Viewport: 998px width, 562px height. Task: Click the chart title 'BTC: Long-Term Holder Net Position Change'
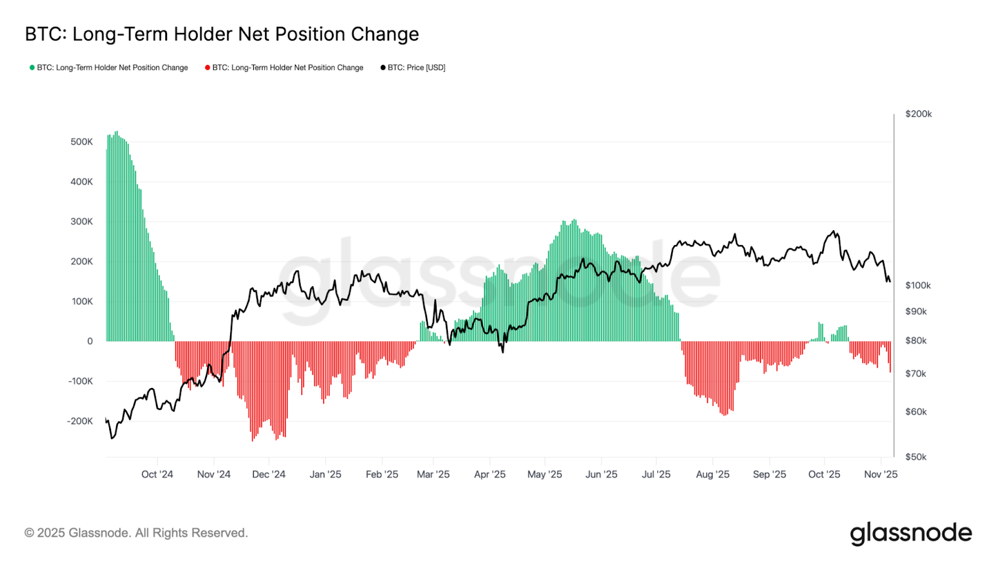click(x=221, y=34)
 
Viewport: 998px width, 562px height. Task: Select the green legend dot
click(x=32, y=67)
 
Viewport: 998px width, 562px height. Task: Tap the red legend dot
click(x=208, y=67)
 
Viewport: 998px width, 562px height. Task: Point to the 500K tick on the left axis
click(x=81, y=142)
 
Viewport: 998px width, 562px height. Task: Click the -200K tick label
click(x=80, y=421)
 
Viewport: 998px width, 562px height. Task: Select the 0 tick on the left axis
click(x=90, y=341)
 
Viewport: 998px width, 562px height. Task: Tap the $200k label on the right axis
click(x=918, y=114)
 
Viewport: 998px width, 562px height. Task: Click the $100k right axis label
click(x=918, y=285)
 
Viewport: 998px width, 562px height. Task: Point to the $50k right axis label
click(x=916, y=457)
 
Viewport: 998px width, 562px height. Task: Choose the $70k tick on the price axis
click(x=916, y=374)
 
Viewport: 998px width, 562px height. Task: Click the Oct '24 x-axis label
click(x=157, y=474)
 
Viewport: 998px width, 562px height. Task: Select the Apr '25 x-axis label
click(x=490, y=474)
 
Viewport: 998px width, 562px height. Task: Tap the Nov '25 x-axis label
click(x=880, y=474)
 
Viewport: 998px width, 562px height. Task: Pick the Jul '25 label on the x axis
click(x=656, y=474)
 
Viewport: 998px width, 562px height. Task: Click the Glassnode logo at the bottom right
click(x=911, y=533)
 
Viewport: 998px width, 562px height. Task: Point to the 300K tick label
click(x=81, y=221)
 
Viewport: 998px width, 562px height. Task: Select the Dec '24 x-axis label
click(x=268, y=474)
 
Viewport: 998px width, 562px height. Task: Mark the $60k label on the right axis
click(x=916, y=412)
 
